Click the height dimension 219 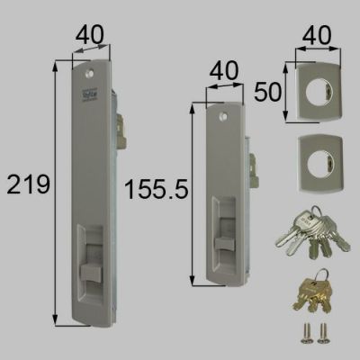tap(26, 186)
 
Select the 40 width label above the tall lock tap(83, 34)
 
